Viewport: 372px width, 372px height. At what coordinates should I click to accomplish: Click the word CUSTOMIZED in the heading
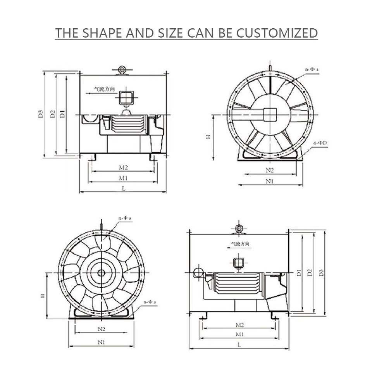(277, 33)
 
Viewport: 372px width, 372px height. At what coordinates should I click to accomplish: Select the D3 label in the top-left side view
(41, 114)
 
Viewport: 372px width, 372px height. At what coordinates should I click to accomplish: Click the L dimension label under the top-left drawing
(123, 188)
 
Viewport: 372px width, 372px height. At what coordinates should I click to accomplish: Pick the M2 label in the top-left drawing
(123, 168)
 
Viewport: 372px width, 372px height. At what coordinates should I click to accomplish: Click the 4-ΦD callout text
(320, 143)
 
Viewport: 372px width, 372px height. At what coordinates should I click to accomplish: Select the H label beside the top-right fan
(208, 137)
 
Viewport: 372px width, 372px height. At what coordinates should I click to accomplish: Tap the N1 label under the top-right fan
(270, 181)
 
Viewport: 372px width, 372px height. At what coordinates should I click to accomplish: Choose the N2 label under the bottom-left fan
(102, 329)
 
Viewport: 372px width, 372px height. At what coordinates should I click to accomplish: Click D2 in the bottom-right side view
(310, 272)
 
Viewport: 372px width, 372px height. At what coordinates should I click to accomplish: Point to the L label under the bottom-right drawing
(239, 344)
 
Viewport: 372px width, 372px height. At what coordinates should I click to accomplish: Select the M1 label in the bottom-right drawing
(239, 334)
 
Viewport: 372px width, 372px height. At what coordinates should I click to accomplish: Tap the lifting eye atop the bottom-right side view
(239, 227)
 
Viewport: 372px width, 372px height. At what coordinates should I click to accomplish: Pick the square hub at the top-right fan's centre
(270, 114)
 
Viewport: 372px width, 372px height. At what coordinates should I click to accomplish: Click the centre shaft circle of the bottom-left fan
(101, 273)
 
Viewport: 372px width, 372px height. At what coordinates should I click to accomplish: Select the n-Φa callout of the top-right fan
(312, 69)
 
